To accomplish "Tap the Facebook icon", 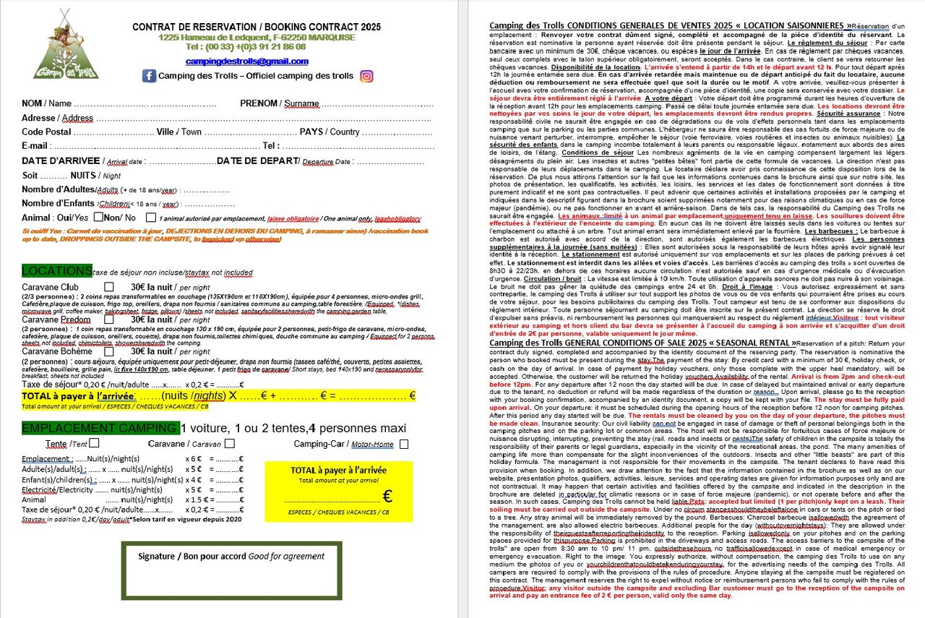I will coord(149,76).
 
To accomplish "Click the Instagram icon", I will coord(366,76).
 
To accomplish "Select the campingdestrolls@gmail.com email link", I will coord(246,61).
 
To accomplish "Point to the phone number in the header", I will coord(246,47).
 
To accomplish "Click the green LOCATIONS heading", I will coord(57,271).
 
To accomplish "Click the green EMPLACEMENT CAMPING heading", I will coord(100,429).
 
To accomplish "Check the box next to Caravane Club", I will coord(109,287).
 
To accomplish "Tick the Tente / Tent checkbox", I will coord(95,444).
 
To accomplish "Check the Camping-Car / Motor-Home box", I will coord(403,444).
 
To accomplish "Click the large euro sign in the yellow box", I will coord(387,497).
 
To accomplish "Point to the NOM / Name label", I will coord(47,103).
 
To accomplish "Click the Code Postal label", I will coord(46,132).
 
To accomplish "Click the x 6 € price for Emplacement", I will coord(193,459).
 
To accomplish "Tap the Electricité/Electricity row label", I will coord(57,489).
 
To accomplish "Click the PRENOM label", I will coord(259,103).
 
